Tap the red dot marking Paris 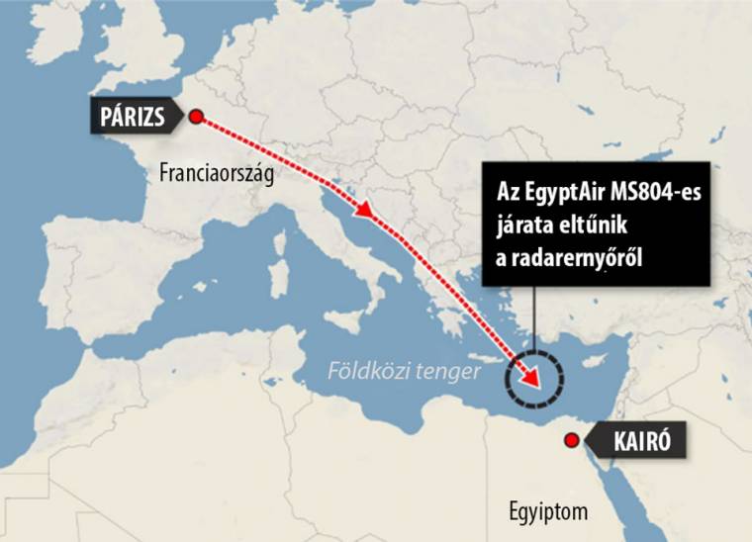[196, 117]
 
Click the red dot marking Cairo [570, 440]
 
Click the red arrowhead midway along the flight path [367, 212]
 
